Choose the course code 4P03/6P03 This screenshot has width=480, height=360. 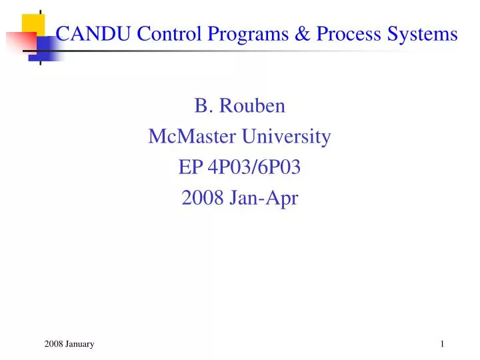pos(254,169)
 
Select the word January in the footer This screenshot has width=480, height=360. pos(80,344)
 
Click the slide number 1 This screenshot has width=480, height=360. pos(442,344)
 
